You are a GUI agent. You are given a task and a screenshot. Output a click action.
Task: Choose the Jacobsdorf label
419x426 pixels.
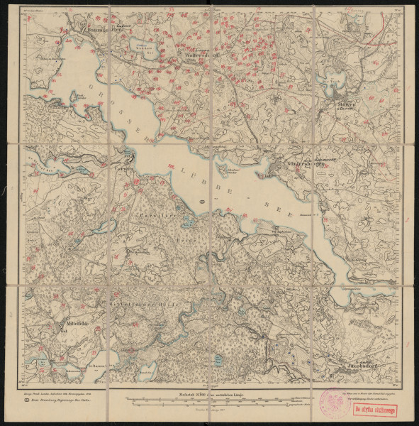pos(362,367)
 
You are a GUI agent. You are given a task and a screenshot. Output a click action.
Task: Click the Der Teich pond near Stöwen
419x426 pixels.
pos(327,82)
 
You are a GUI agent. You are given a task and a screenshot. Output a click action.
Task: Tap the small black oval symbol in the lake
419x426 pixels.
pos(203,202)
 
